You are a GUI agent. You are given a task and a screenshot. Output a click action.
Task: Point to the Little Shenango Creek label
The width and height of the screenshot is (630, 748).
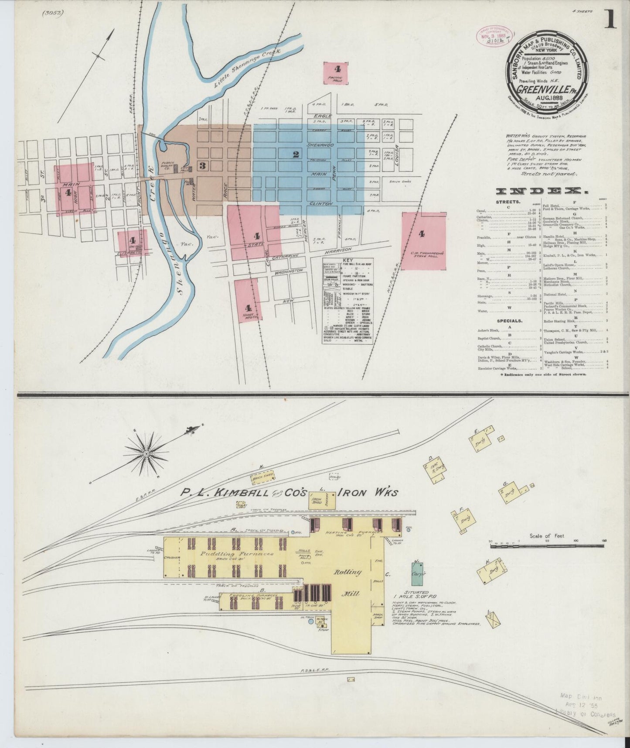click(x=246, y=70)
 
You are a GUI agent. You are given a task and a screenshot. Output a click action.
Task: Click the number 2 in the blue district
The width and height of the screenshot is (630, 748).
click(x=296, y=154)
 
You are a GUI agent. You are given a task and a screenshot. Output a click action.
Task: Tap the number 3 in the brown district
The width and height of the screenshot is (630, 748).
click(x=202, y=165)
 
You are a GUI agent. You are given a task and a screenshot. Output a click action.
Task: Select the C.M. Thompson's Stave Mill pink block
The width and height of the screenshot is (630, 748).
click(x=424, y=241)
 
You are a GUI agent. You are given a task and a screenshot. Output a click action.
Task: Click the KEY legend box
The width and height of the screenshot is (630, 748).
click(x=347, y=301)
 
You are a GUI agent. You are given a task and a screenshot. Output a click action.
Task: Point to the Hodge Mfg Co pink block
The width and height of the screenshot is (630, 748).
click(x=248, y=302)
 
